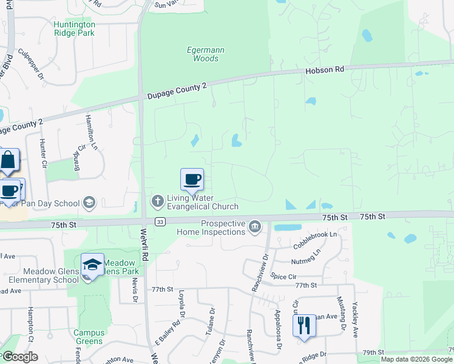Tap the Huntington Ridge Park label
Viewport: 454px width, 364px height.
tap(74, 29)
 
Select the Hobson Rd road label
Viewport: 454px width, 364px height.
tap(324, 70)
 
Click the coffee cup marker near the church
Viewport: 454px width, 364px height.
tap(192, 179)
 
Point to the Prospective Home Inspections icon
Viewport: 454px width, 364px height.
tap(255, 227)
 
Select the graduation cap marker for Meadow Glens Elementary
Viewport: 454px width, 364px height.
tap(92, 265)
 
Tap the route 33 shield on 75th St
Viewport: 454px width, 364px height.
tap(160, 222)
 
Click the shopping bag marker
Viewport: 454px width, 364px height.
tap(8, 161)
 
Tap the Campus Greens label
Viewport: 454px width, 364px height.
tap(89, 337)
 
